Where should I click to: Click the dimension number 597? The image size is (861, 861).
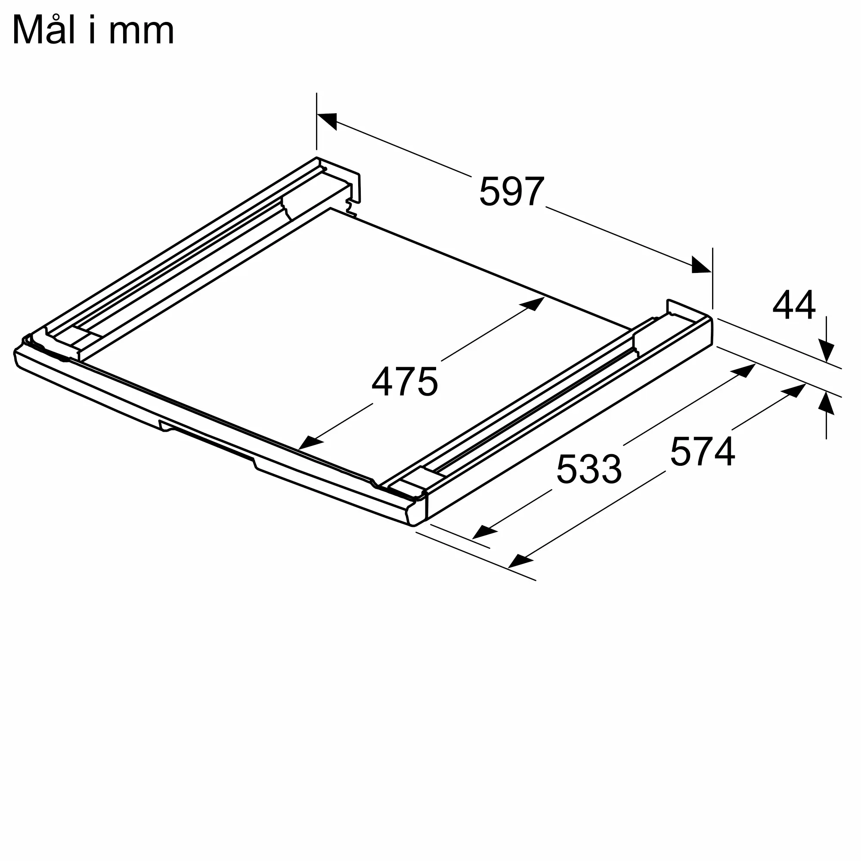(511, 191)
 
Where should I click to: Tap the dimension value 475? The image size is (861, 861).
(405, 381)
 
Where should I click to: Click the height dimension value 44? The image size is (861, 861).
(794, 305)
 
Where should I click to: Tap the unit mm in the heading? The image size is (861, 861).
(141, 33)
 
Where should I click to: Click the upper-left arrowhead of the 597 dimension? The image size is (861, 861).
(327, 121)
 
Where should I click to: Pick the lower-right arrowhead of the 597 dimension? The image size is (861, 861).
(701, 265)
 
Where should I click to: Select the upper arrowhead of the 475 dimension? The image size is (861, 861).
(532, 304)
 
